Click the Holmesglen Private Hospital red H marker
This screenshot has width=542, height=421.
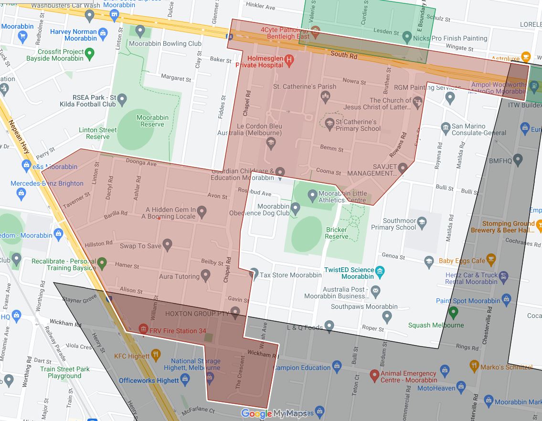pos(288,60)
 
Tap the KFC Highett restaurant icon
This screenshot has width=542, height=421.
pos(156,355)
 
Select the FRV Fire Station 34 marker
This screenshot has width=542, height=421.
pos(142,329)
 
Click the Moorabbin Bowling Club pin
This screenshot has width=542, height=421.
pos(140,32)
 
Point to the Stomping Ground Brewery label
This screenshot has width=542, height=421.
pos(508,227)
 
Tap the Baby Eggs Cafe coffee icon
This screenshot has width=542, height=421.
pos(491,260)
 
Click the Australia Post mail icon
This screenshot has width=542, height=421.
pos(376,290)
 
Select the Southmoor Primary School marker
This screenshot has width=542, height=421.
pos(422,222)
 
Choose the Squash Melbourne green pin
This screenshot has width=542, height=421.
pos(453,313)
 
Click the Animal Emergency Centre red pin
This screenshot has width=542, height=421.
pos(374,375)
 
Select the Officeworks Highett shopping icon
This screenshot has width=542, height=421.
pos(186,379)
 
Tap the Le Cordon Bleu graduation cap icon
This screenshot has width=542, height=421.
pos(271,143)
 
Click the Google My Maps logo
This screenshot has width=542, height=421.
pos(274,414)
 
